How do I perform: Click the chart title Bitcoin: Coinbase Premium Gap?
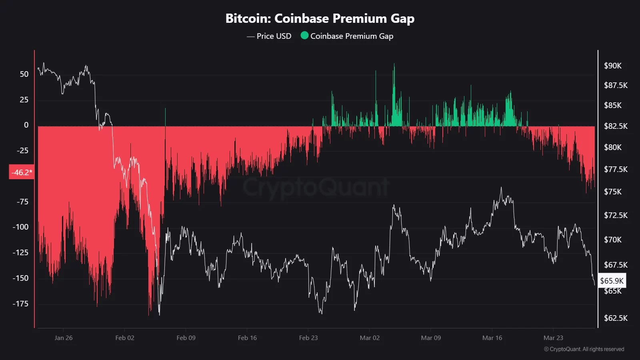[320, 18]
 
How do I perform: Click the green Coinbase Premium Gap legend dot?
[304, 36]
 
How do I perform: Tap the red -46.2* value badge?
[22, 172]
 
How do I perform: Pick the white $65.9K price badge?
[612, 281]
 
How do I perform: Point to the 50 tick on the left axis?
[24, 74]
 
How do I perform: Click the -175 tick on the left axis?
[20, 304]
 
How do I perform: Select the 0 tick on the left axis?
[26, 125]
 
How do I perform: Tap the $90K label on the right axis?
[613, 66]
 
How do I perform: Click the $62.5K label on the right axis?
[616, 318]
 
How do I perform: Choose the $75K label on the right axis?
[613, 192]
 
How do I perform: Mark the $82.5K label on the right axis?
[616, 126]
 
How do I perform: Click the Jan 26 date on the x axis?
[64, 338]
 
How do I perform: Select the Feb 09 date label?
[186, 338]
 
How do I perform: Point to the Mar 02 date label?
[370, 338]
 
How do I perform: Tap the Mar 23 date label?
[553, 338]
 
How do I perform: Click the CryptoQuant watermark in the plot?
[316, 187]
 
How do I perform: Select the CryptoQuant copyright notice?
[584, 349]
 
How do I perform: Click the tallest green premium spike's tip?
[394, 64]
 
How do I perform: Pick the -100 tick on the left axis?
[20, 227]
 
